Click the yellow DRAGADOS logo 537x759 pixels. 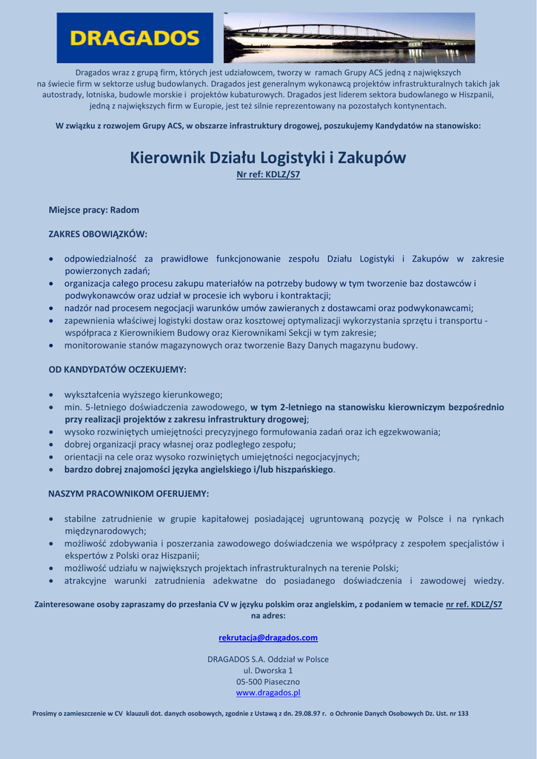[135, 38]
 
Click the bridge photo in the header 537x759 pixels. [349, 38]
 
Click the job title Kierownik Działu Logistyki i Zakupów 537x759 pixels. [268, 158]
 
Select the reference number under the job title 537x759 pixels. [268, 175]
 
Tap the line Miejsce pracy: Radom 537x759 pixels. [94, 210]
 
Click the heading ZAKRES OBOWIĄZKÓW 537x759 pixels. [98, 233]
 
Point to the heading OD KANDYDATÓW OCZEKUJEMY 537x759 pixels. [117, 368]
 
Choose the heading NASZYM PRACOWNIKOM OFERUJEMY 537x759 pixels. [128, 493]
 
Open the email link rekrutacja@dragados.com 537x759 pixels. [268, 637]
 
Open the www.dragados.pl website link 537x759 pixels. [268, 692]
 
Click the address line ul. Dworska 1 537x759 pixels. [268, 670]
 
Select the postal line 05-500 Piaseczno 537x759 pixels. [268, 681]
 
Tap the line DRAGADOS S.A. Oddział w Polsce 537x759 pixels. [268, 659]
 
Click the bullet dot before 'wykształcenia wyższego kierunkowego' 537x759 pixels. [50, 395]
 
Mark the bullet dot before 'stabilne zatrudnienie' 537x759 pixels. [50, 520]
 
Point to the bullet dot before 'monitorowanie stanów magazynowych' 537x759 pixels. [50, 345]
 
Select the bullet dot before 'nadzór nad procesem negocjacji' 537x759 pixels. [50, 308]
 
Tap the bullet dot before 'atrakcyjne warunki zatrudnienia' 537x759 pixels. [50, 581]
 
